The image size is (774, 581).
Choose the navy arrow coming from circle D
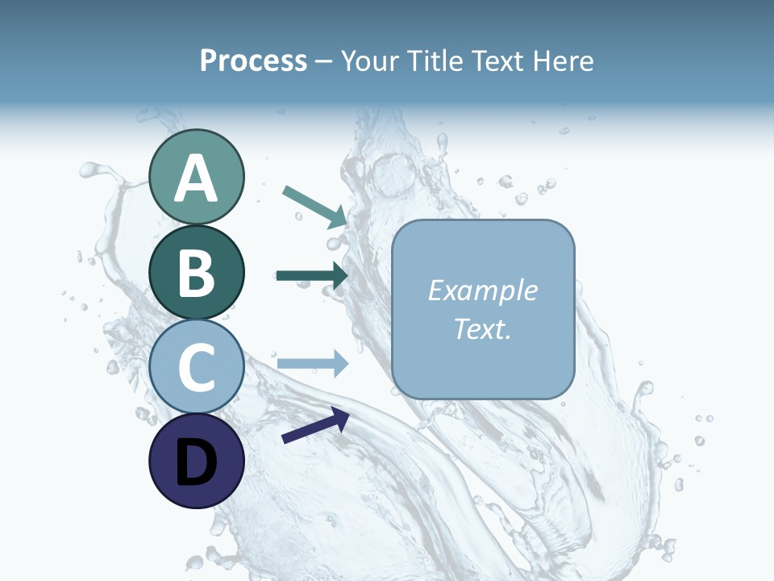tap(315, 425)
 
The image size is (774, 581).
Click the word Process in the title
tap(253, 61)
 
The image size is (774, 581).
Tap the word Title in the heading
tap(431, 61)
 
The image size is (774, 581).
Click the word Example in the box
tap(482, 290)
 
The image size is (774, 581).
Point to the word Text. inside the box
tap(482, 328)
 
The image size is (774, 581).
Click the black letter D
tap(197, 463)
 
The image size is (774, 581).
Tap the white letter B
tap(197, 273)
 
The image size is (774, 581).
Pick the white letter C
tap(197, 367)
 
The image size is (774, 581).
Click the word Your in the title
tap(370, 61)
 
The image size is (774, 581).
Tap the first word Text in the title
tap(493, 61)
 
